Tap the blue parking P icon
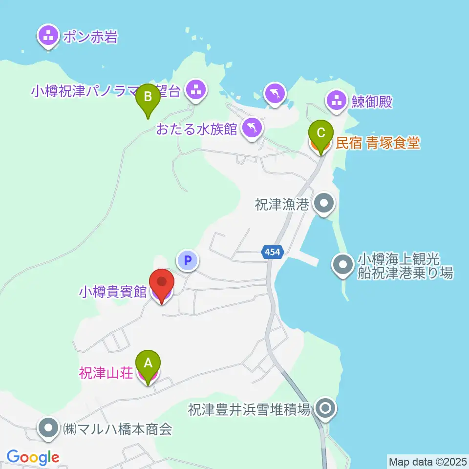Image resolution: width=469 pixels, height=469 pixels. point(188,260)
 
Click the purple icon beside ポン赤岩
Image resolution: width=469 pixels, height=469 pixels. point(48,36)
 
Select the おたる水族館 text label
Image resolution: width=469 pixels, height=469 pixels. point(196,129)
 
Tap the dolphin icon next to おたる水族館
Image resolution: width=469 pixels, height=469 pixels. point(252,128)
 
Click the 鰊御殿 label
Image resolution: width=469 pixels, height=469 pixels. point(372,102)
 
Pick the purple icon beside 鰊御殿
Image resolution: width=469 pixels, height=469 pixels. point(336,102)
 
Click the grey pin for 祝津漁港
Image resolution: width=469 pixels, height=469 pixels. point(323,204)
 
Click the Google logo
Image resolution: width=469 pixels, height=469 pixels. point(33,457)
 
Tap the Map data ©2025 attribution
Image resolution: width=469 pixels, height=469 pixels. point(427,461)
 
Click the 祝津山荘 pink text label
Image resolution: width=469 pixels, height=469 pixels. point(105,374)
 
